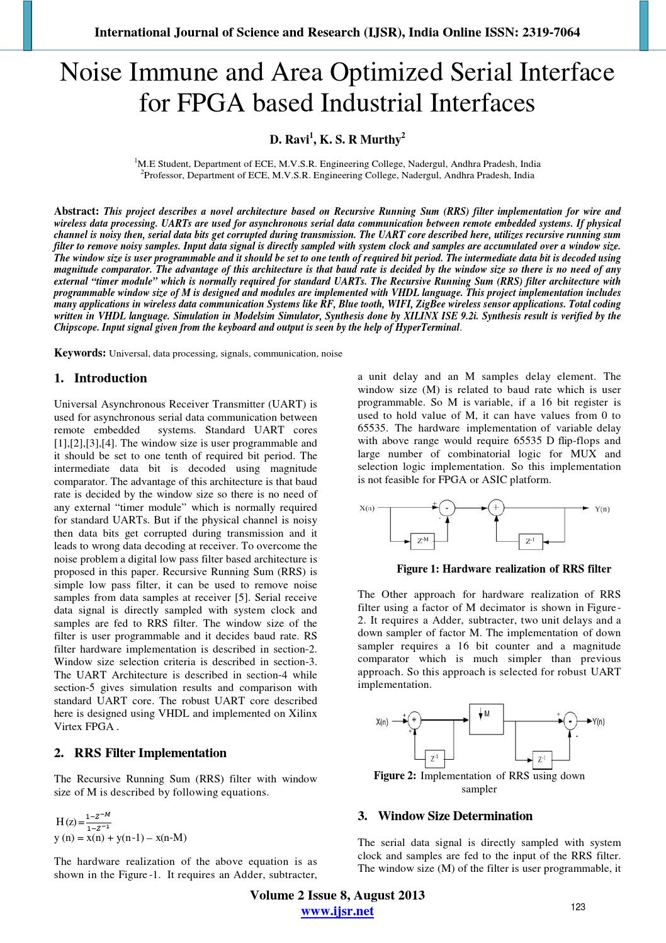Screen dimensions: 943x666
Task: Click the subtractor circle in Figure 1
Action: (447, 508)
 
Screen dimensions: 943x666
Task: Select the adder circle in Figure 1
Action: (496, 508)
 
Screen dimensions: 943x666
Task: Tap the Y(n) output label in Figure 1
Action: (602, 508)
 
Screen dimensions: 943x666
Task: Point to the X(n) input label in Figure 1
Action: (367, 508)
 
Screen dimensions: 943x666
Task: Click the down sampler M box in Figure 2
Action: (486, 718)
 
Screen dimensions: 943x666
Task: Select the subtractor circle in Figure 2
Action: (570, 721)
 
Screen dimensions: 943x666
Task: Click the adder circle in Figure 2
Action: (414, 721)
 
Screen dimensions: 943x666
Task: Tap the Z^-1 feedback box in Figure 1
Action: (530, 540)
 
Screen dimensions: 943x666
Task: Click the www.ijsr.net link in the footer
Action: (337, 912)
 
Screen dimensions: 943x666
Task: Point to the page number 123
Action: (578, 907)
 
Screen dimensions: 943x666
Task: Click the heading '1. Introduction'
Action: (101, 379)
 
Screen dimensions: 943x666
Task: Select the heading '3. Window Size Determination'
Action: (445, 816)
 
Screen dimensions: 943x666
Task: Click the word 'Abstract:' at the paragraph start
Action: (77, 212)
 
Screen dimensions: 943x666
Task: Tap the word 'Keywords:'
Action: (80, 353)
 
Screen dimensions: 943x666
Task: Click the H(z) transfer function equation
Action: (84, 821)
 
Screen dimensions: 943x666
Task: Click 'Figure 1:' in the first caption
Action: (417, 569)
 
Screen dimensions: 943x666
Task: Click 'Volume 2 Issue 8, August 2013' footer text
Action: (337, 896)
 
